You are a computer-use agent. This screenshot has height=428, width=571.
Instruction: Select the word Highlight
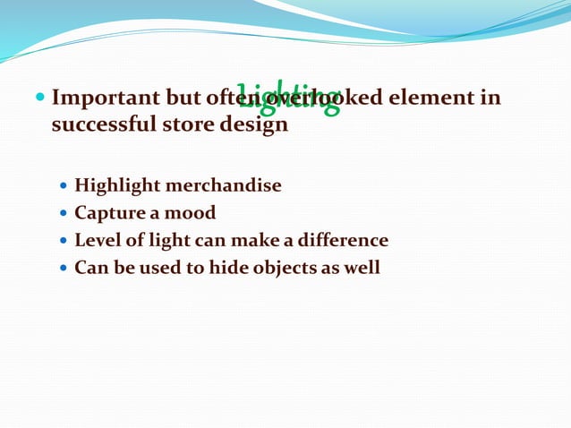pyautogui.click(x=117, y=186)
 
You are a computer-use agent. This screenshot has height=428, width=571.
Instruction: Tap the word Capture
pyautogui.click(x=107, y=214)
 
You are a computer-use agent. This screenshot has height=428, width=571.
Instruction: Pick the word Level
pyautogui.click(x=96, y=241)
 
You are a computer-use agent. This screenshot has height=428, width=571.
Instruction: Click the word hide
pyautogui.click(x=208, y=268)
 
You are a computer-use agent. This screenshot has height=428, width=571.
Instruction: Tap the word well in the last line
pyautogui.click(x=361, y=268)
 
